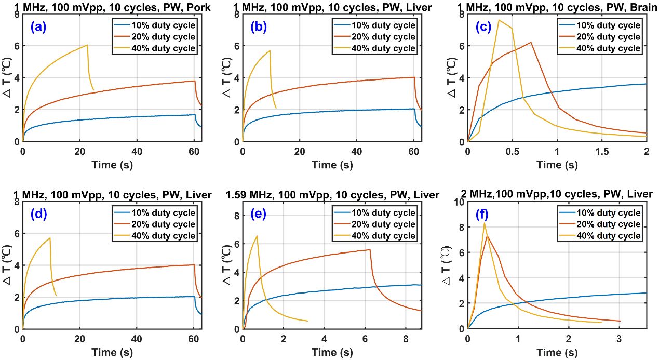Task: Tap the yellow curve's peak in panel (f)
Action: pyautogui.click(x=485, y=223)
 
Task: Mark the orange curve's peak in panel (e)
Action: pyautogui.click(x=369, y=250)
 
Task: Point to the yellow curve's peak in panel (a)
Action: pyautogui.click(x=87, y=45)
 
